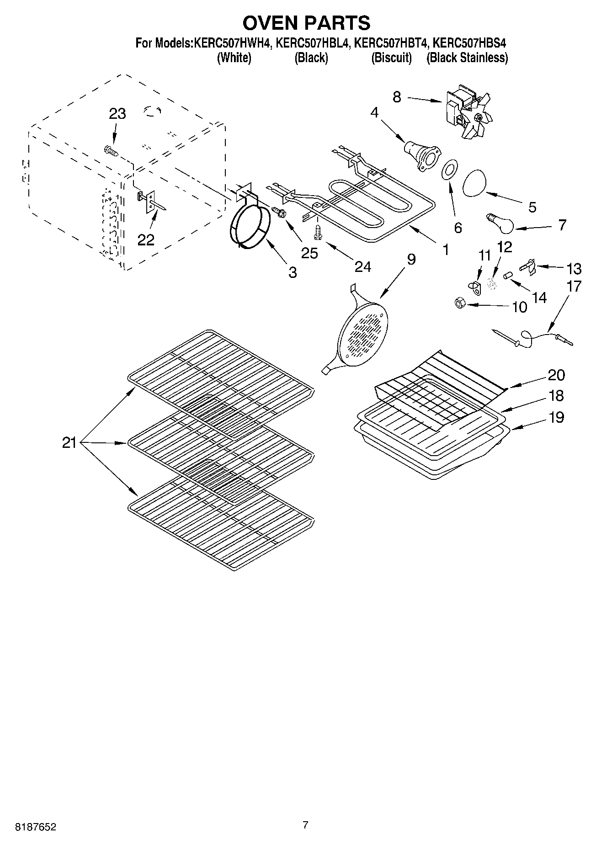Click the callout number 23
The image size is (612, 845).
coord(117,114)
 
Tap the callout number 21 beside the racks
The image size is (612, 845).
coord(69,442)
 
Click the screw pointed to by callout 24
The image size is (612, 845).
coord(317,232)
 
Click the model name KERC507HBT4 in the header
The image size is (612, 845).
coord(391,43)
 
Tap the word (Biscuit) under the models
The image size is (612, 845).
coord(391,58)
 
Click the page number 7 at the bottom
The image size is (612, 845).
coord(305,825)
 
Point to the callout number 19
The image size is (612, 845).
coord(556,417)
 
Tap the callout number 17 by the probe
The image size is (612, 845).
coord(574,287)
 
